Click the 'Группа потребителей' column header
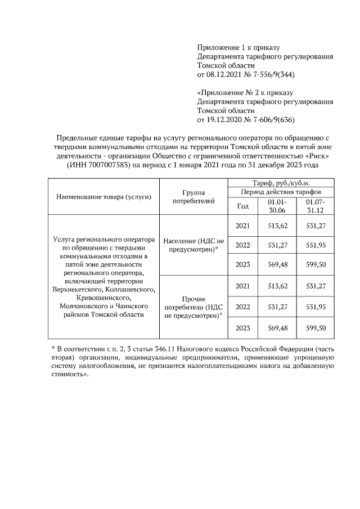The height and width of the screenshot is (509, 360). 193,196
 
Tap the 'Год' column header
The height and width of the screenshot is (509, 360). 243,206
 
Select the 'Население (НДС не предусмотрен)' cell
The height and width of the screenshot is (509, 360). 193,245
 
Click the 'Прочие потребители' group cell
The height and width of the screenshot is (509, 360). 193,307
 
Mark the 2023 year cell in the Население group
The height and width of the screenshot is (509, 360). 243,265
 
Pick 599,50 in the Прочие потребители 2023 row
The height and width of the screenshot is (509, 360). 315,327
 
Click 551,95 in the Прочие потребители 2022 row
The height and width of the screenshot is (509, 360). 315,307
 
